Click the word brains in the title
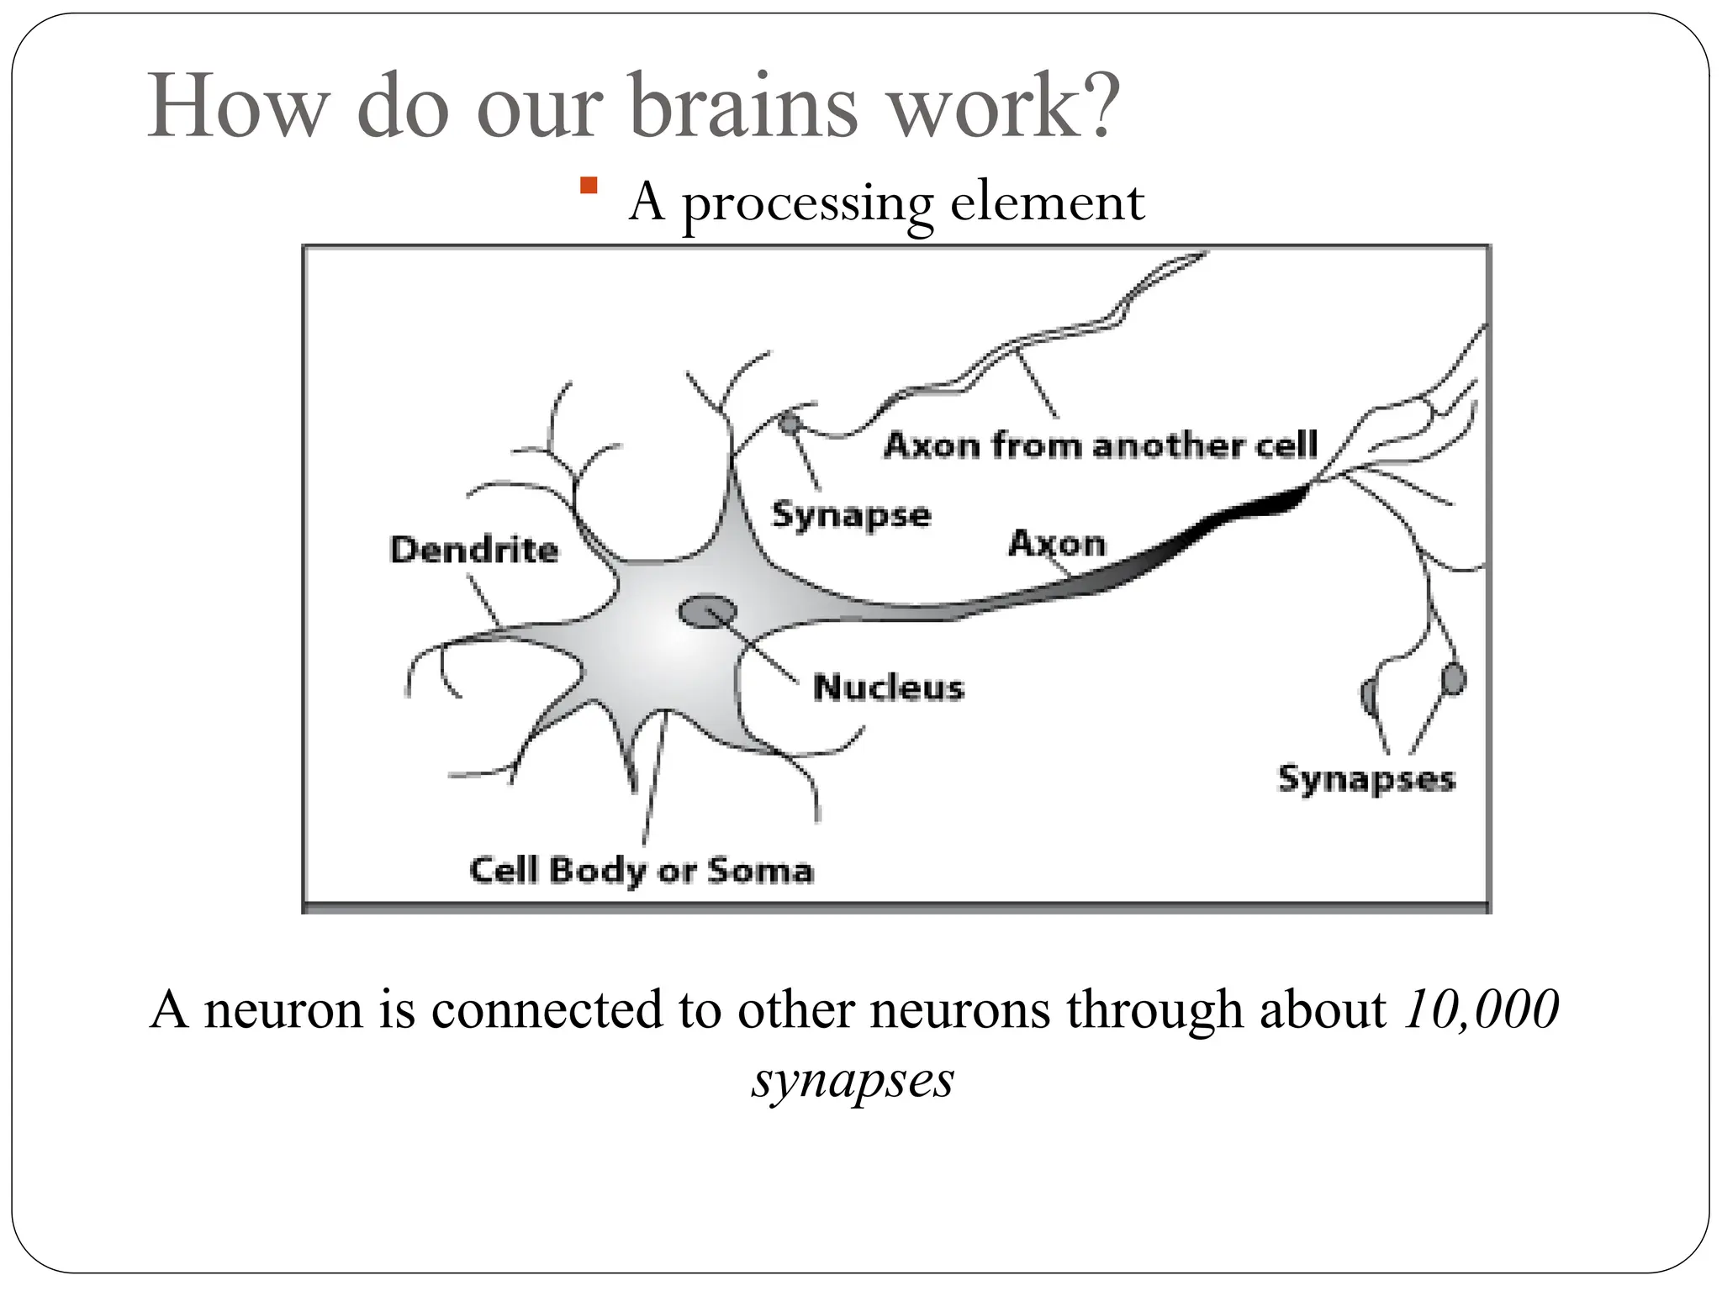pos(743,107)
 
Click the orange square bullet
pos(588,186)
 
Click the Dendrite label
pos(474,550)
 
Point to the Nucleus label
pos(889,688)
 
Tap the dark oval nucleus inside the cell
pos(707,611)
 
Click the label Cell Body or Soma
pos(642,870)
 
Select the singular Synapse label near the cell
pos(851,514)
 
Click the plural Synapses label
pos(1366,779)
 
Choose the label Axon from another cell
pos(1101,445)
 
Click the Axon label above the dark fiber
pos(1057,543)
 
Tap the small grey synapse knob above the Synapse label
pos(789,422)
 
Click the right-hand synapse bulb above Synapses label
pos(1453,679)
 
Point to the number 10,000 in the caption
pos(1480,1009)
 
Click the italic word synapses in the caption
pos(853,1079)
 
